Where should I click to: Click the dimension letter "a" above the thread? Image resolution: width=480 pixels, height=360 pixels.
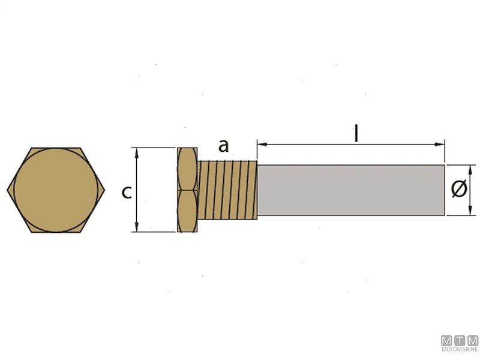click(x=223, y=146)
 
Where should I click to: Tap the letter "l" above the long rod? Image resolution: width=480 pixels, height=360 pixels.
click(x=356, y=133)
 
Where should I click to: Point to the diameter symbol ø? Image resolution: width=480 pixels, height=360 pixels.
click(x=459, y=189)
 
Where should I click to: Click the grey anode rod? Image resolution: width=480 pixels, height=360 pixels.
click(x=351, y=190)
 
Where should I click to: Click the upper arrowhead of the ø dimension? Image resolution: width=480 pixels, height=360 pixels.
click(x=468, y=169)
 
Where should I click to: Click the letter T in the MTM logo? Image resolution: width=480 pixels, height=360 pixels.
click(x=460, y=340)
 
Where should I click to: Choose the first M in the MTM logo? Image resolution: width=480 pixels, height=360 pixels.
click(x=447, y=340)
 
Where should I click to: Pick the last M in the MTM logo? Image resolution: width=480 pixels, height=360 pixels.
click(x=472, y=340)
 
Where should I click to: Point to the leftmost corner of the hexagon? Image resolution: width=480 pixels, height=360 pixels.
click(x=8, y=190)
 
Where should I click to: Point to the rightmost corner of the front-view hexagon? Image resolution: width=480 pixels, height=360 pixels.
click(x=106, y=190)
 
